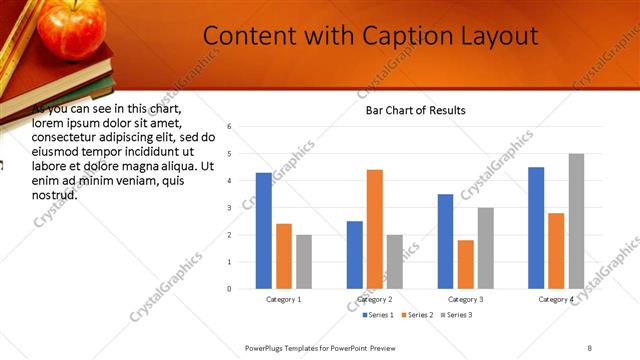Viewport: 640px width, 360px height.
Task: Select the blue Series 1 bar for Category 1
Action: [264, 230]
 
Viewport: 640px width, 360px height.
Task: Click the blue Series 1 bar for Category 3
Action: [445, 241]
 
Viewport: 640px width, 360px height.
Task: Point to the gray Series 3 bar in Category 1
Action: [304, 261]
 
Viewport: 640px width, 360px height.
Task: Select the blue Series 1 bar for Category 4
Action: [536, 227]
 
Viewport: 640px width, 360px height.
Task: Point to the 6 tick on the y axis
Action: [230, 127]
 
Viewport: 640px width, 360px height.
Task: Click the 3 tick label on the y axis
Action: [230, 208]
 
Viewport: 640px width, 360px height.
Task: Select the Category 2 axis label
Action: [374, 299]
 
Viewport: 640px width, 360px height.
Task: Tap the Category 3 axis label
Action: [465, 299]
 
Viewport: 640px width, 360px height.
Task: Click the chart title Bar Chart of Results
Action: [409, 110]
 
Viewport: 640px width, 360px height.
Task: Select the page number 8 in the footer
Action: [589, 347]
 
